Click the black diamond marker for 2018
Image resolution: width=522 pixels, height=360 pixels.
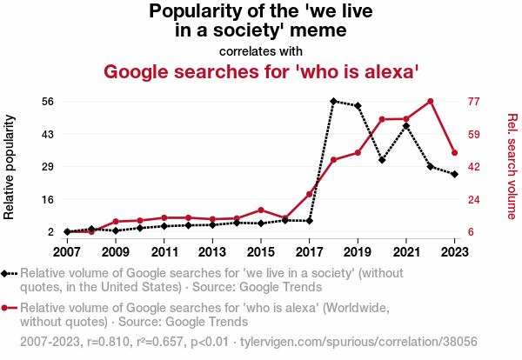(x=333, y=101)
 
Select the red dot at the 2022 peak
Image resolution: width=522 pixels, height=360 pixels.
(x=431, y=101)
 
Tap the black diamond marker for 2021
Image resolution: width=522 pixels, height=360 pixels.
(x=406, y=126)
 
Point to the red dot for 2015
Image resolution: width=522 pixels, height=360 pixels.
(x=261, y=210)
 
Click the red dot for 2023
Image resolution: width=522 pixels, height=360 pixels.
(x=455, y=153)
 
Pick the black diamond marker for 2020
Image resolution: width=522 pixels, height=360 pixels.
(x=382, y=161)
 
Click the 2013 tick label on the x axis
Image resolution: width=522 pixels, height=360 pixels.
(x=212, y=251)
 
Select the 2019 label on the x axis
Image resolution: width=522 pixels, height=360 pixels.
(x=358, y=251)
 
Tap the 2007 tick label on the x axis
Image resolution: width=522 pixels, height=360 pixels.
(x=66, y=251)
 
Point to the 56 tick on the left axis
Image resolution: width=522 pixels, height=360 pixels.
(x=47, y=101)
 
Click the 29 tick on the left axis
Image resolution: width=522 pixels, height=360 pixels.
(x=47, y=167)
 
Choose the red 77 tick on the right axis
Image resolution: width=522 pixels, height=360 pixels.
(x=474, y=101)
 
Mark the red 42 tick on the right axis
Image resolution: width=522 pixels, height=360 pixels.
(x=474, y=167)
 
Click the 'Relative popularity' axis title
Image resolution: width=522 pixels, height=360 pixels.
(x=10, y=166)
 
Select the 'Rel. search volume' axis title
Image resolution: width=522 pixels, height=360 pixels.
(x=512, y=166)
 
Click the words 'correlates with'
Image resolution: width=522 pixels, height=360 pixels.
(x=261, y=50)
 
